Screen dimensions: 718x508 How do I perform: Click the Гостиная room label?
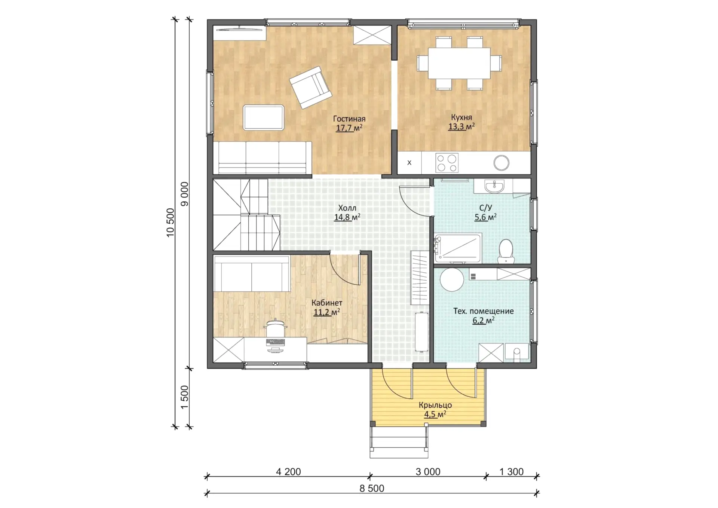349,119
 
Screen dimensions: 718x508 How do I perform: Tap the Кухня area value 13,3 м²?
461,126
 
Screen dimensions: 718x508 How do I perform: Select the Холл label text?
347,208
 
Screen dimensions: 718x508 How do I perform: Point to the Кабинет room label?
327,303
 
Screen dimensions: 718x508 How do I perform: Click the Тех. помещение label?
484,311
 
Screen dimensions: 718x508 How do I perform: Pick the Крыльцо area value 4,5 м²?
435,414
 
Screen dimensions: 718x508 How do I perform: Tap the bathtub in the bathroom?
458,248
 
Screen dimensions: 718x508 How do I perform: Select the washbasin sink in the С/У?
494,186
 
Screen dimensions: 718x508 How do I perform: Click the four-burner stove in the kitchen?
447,163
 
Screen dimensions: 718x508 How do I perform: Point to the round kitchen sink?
501,163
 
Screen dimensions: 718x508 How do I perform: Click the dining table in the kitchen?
459,63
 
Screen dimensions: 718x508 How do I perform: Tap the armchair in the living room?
310,87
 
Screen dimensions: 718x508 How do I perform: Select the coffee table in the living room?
263,117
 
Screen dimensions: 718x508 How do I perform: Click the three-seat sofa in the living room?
262,157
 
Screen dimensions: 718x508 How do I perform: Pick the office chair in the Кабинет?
275,328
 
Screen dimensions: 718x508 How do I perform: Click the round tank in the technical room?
452,279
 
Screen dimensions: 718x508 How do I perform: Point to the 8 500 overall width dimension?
372,489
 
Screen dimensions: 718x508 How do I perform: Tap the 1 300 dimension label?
512,472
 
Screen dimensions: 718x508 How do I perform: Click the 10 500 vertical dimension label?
170,223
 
